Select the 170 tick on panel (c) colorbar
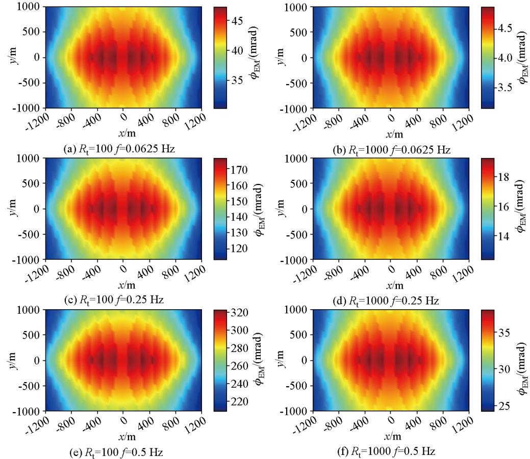pos(240,169)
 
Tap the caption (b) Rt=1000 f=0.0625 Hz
pos(390,149)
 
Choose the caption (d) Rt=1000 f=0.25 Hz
pos(390,301)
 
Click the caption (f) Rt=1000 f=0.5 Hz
pos(390,452)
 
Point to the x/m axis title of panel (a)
pos(123,134)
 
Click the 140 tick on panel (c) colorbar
pos(240,217)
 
